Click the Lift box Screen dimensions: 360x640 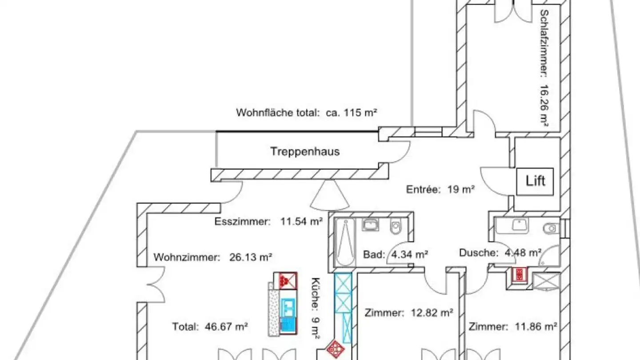tap(535, 181)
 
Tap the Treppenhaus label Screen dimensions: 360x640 tap(305, 152)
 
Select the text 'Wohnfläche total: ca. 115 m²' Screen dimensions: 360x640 tap(306, 112)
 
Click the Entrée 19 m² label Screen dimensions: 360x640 tap(440, 190)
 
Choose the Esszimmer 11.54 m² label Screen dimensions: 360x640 tap(268, 221)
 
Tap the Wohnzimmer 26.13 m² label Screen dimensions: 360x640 tap(212, 257)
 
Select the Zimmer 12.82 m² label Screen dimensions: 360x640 tap(408, 312)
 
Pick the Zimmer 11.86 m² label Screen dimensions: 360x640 tap(513, 327)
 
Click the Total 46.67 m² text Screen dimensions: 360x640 tap(210, 327)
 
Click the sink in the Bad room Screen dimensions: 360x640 tap(370, 224)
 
